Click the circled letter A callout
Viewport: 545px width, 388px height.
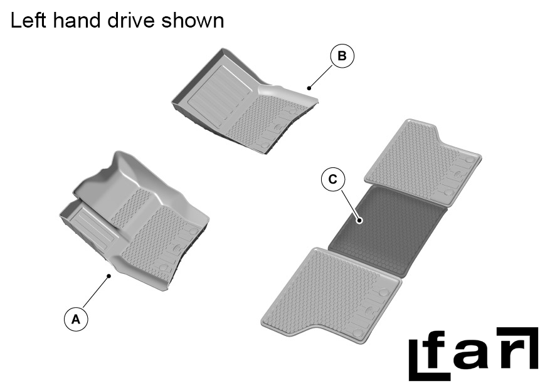76,318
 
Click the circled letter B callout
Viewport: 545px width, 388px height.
342,56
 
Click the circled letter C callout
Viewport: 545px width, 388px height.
332,179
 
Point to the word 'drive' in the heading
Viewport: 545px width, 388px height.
133,20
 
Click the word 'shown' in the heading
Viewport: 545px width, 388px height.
193,20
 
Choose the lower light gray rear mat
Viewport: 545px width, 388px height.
329,291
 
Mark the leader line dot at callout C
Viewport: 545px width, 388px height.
359,219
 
